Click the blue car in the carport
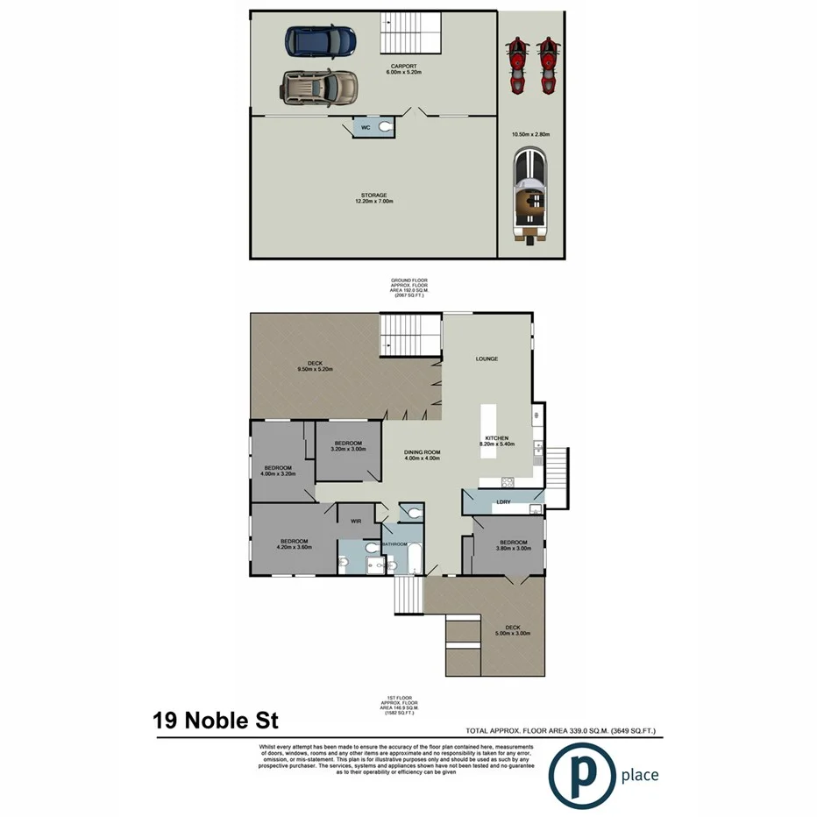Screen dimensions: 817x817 pos(319,40)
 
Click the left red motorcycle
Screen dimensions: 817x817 pos(517,67)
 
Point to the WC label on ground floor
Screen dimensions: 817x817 pos(366,128)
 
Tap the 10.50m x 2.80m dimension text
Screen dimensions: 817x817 pos(530,134)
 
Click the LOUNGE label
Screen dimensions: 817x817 pos(487,359)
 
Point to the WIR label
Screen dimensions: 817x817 pos(356,521)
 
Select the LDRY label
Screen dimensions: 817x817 pos(503,502)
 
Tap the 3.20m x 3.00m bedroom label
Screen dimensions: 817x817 pos(347,446)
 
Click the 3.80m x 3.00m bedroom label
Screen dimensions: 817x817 pos(513,545)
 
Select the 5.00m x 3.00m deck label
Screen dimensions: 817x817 pos(513,630)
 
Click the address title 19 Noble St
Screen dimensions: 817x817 pos(216,721)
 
